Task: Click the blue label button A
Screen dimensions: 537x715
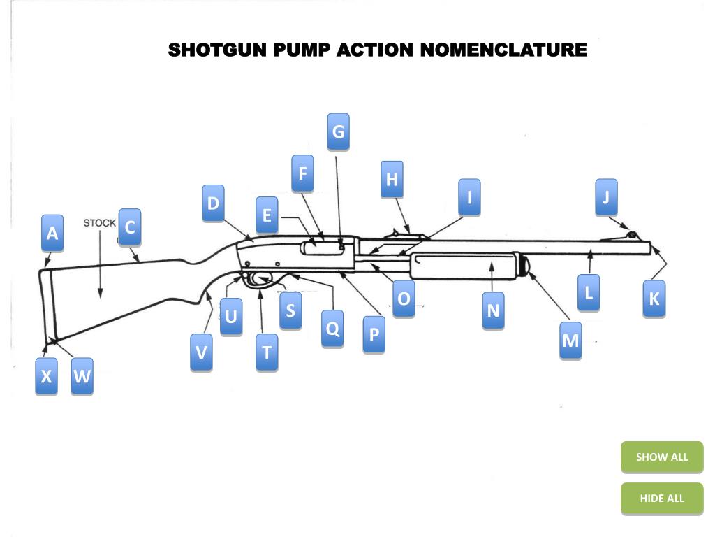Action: (x=52, y=233)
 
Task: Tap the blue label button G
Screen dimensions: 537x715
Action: (x=338, y=131)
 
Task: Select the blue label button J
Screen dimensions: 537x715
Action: (x=606, y=197)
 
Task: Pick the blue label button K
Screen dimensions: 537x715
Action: (x=654, y=299)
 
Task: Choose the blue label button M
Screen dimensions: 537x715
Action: (x=570, y=341)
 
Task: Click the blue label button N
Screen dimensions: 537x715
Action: (x=493, y=310)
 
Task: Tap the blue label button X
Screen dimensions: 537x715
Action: (x=46, y=376)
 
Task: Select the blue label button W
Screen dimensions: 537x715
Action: (x=82, y=376)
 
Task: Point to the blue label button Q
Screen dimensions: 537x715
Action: (x=333, y=328)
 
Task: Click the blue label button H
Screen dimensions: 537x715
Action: (x=392, y=179)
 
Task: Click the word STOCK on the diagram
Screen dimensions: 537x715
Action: (x=100, y=223)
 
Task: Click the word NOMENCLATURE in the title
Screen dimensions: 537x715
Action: (x=504, y=50)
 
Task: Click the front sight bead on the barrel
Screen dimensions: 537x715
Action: (x=632, y=234)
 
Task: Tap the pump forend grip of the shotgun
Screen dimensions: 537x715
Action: (x=464, y=265)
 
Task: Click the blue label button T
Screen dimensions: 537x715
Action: (x=266, y=352)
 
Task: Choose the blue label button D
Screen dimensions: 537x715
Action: (x=213, y=203)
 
